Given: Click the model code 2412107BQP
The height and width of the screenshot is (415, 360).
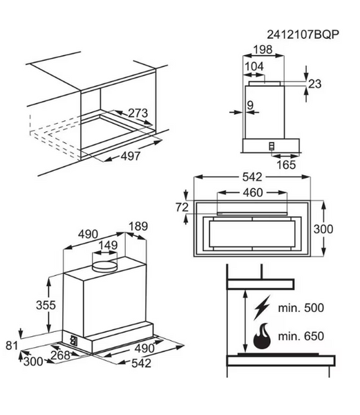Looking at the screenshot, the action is point(303,35).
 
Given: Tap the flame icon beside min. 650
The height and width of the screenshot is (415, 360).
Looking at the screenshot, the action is point(262,336).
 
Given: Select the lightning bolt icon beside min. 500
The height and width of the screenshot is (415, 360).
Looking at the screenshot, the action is point(263,307).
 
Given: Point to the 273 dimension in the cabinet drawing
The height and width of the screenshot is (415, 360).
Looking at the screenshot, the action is point(138,113).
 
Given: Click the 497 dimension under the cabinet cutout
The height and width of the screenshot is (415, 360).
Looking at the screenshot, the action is point(131,156).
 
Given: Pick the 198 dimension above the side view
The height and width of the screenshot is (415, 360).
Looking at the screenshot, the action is point(263,50).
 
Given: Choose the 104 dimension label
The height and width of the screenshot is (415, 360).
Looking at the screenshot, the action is point(254,66).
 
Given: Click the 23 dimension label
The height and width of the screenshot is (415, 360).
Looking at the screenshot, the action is point(315,84).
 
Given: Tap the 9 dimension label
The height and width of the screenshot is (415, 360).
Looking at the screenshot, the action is point(250,105).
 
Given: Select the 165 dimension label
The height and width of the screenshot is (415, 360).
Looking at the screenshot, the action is point(286,165).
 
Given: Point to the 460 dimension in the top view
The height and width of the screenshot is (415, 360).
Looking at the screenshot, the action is point(253,192).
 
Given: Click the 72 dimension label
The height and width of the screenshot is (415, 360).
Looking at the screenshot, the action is point(182,207).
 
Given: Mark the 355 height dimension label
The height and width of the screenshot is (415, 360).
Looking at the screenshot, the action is point(46,305).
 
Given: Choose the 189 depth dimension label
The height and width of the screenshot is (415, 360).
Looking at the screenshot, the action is point(138,227).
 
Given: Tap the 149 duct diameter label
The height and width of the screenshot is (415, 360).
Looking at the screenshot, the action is point(108,245).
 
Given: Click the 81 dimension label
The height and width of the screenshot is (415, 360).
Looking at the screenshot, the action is point(11,345).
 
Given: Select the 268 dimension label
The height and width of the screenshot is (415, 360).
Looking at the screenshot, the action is point(60,356).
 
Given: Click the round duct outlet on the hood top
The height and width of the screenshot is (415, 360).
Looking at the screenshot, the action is point(104,266).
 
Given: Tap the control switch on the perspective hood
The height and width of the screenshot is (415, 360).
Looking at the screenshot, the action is point(73,340).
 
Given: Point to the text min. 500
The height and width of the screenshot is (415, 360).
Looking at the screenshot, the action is point(301,308).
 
